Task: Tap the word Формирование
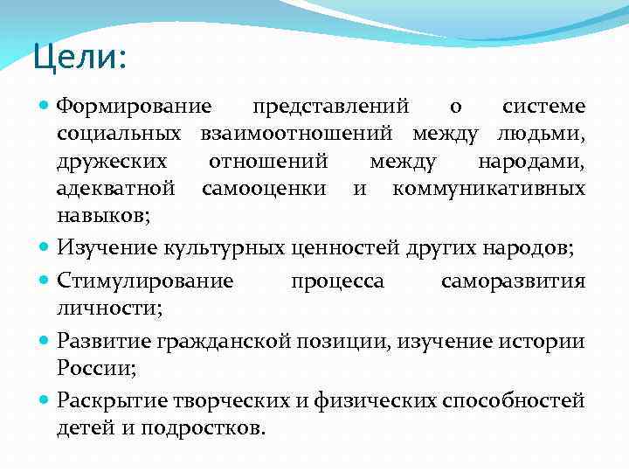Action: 134,107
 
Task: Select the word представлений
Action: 331,107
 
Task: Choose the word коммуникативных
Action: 489,188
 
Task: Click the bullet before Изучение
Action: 45,247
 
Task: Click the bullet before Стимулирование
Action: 45,281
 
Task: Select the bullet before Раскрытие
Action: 45,401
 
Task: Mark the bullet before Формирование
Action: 45,107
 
